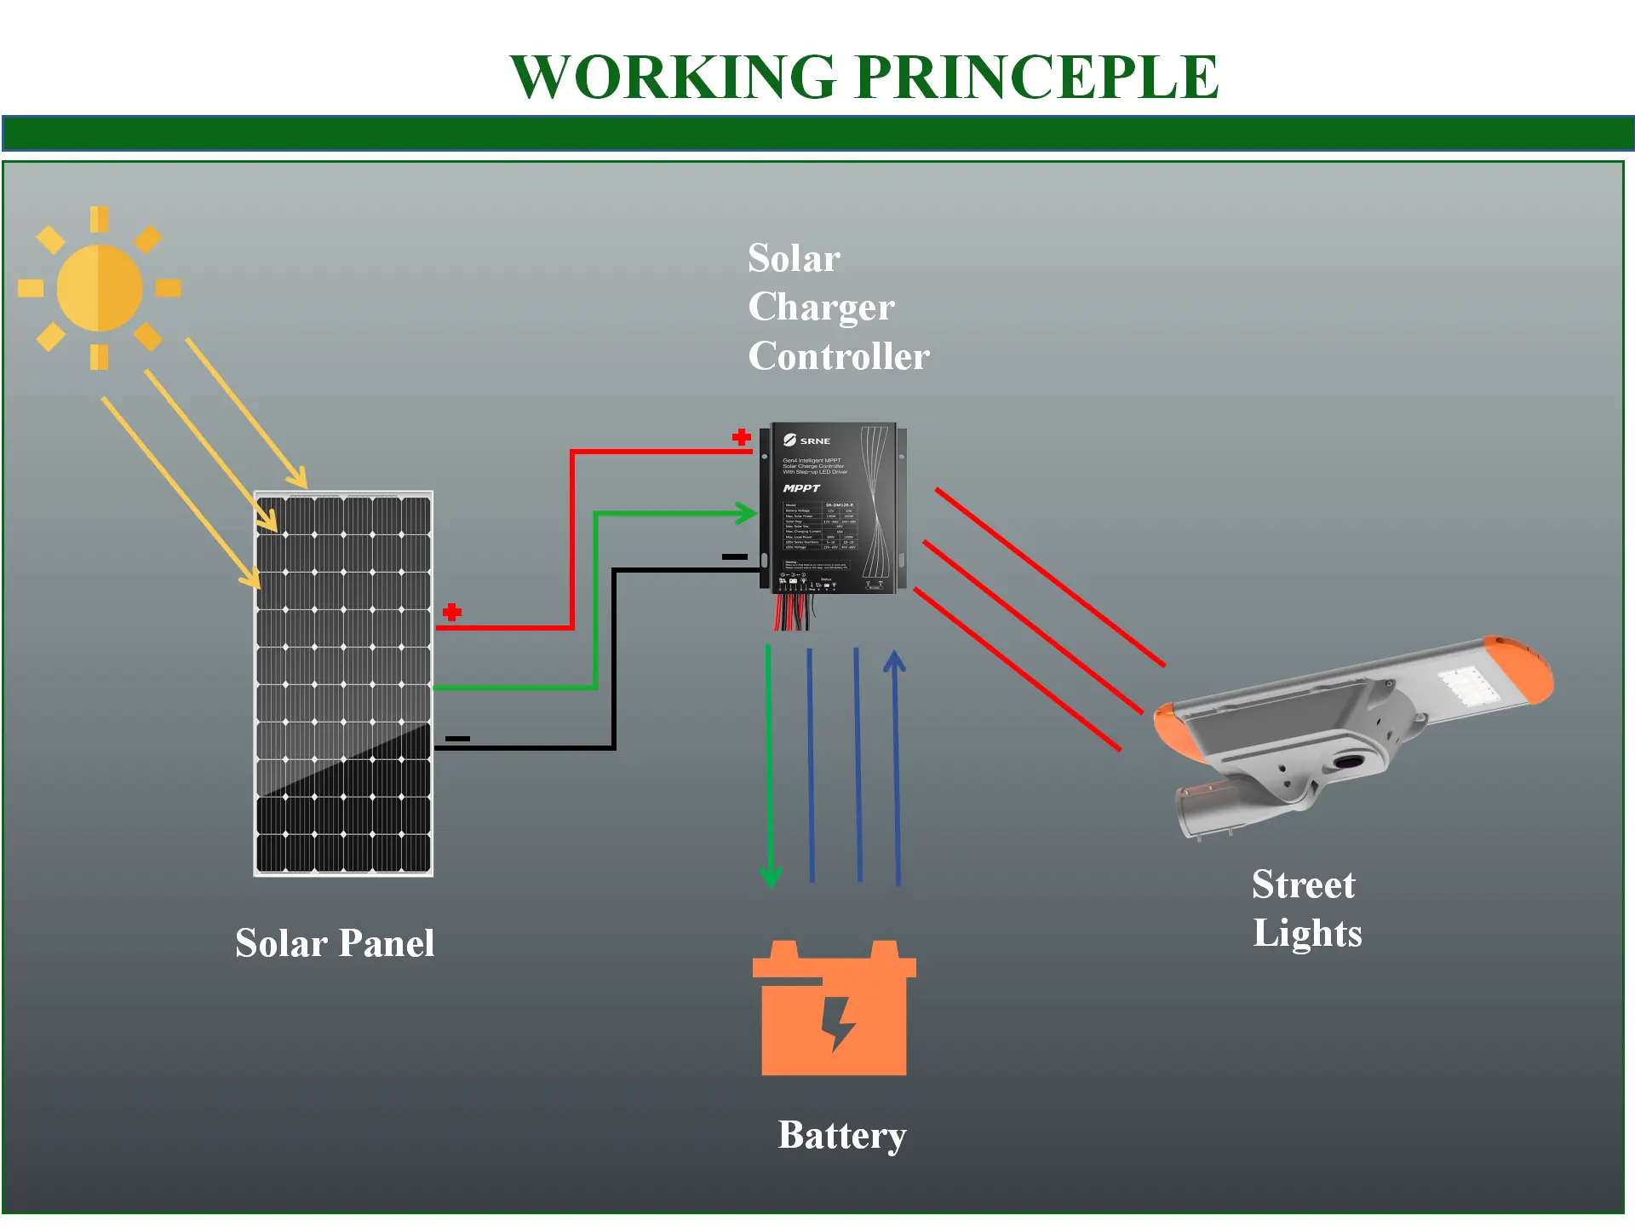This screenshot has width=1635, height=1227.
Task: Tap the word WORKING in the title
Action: click(x=673, y=77)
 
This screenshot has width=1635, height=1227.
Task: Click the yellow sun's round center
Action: click(x=100, y=288)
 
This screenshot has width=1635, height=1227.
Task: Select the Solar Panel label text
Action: click(x=335, y=943)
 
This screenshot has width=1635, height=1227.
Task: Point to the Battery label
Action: click(x=842, y=1136)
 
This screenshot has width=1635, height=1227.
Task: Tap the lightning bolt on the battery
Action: click(x=838, y=1022)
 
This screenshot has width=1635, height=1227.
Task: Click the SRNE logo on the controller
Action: click(x=806, y=441)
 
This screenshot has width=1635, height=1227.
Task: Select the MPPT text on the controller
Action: click(x=801, y=488)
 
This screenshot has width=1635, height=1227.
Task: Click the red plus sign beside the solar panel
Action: click(x=452, y=612)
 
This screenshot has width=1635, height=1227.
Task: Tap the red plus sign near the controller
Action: click(x=742, y=437)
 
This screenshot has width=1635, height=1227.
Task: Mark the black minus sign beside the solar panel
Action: click(x=457, y=739)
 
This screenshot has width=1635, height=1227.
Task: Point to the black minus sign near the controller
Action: click(x=734, y=556)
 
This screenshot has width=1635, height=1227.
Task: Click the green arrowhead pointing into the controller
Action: click(x=747, y=513)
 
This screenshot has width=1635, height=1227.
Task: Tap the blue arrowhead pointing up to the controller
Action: click(x=894, y=662)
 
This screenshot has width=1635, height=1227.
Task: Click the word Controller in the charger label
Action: click(x=839, y=356)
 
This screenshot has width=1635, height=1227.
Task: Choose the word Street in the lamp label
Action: click(x=1303, y=884)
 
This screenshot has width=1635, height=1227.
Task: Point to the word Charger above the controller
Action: click(x=821, y=308)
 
